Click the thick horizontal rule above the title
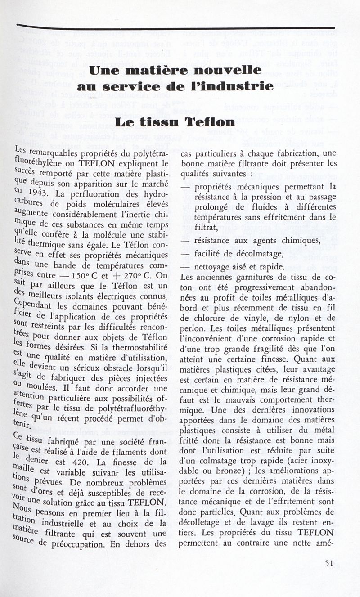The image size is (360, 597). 175,28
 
